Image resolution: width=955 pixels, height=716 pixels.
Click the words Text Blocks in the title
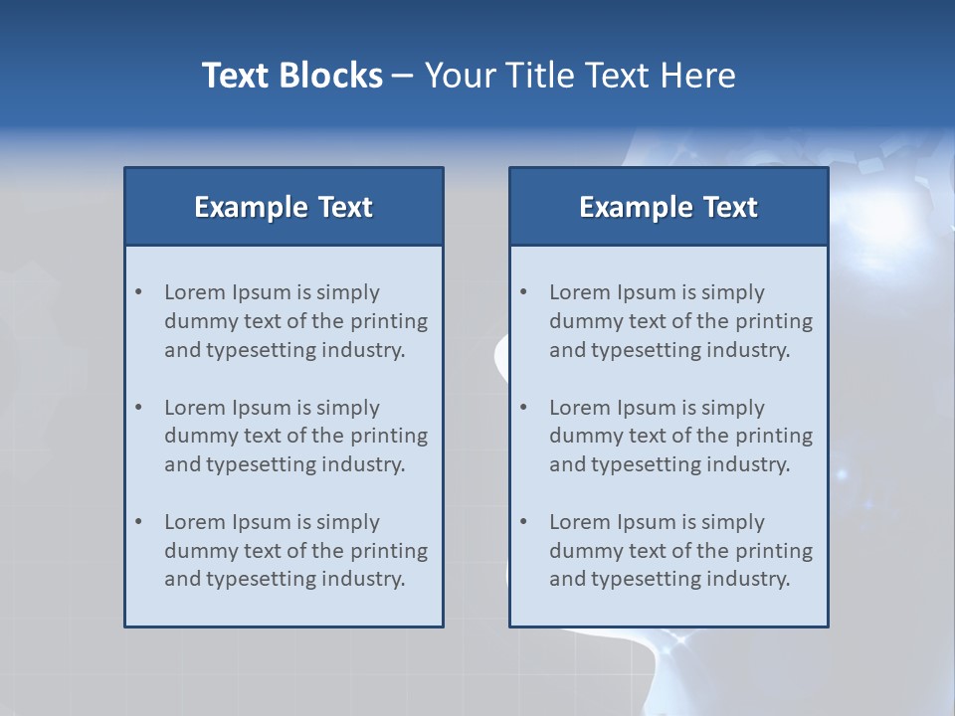pos(292,76)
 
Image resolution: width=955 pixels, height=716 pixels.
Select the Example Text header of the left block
pos(284,207)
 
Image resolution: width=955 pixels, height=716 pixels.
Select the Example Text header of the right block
pos(668,207)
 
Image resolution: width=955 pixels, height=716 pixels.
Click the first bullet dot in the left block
pos(139,292)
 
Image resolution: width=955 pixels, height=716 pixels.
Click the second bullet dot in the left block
pos(139,408)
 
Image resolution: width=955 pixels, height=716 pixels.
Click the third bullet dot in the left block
pos(139,522)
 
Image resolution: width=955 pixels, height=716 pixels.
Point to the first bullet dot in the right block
pos(524,292)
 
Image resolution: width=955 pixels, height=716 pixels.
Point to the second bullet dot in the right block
pos(524,408)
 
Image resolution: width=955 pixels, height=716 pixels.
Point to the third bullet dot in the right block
pos(524,522)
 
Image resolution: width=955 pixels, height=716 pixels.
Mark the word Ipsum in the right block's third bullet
pos(647,522)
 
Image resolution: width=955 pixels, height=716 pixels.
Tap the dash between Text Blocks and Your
pos(404,76)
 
